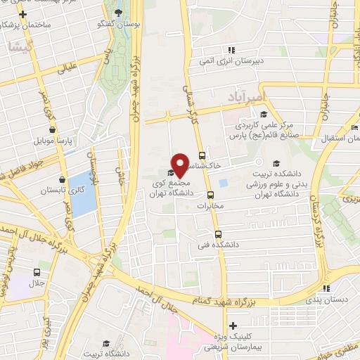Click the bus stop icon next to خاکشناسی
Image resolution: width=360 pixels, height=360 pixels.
click(202, 155)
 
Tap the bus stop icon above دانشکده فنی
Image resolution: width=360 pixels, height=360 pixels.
click(217, 235)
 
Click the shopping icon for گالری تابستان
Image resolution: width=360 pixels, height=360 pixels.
click(63, 179)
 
